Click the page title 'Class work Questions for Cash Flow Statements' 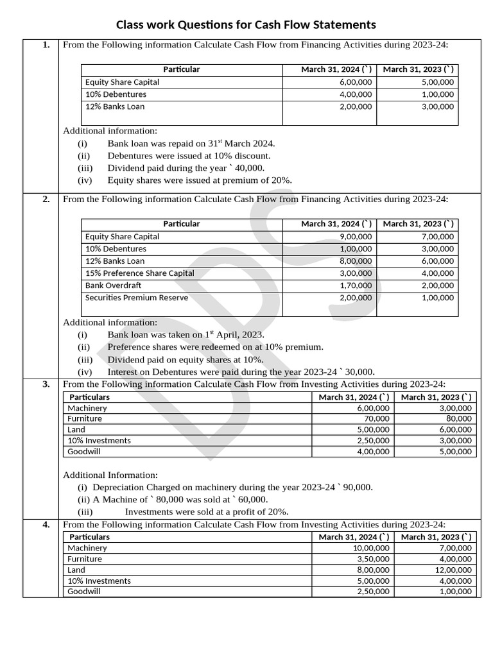(x=246, y=25)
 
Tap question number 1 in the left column (x=46, y=45)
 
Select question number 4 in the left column (x=46, y=525)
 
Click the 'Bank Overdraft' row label (x=113, y=286)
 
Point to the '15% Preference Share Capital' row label (x=139, y=273)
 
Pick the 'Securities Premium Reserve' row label (x=137, y=298)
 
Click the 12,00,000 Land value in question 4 (x=454, y=570)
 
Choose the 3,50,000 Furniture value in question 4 (x=373, y=559)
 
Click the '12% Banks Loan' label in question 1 (x=115, y=107)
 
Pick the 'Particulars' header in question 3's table (x=89, y=397)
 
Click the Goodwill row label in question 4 (x=84, y=592)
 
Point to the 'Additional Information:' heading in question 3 (x=110, y=475)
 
